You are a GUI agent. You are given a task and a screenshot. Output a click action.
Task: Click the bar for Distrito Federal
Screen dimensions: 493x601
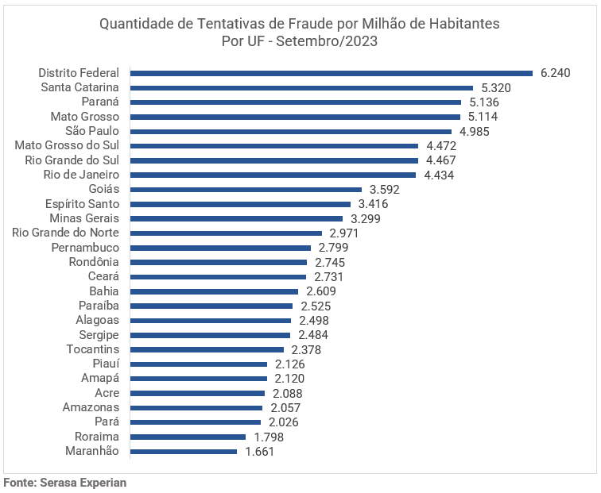(x=331, y=73)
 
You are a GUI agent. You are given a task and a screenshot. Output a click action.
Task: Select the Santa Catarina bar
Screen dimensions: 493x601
(x=301, y=87)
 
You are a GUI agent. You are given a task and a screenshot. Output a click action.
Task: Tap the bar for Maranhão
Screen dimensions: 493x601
(x=183, y=452)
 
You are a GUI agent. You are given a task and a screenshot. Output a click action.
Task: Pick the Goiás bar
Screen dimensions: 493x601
(x=246, y=190)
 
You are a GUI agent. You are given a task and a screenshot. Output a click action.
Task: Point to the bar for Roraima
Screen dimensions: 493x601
(x=188, y=437)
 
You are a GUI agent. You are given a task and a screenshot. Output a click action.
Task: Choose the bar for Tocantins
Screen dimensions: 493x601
(x=207, y=349)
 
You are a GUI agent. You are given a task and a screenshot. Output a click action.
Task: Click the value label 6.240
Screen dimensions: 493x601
(x=556, y=73)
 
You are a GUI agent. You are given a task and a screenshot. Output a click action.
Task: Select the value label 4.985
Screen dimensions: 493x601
(x=475, y=131)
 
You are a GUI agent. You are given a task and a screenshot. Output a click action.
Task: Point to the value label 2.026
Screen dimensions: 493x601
(x=284, y=422)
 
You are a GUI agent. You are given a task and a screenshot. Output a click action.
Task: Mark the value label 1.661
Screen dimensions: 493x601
(x=260, y=452)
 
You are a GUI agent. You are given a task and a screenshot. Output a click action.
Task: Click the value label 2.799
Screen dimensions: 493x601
(x=334, y=248)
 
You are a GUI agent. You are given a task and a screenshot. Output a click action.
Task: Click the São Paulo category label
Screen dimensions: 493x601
(x=92, y=131)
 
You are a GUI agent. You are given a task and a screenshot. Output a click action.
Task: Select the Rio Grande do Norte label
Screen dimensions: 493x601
(x=65, y=233)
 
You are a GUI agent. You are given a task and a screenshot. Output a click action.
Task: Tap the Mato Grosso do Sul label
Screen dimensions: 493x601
(x=67, y=145)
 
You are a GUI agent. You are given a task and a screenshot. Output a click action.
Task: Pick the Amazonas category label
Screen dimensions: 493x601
(x=91, y=407)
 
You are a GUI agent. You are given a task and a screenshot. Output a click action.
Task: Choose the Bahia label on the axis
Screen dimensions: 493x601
(x=103, y=291)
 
